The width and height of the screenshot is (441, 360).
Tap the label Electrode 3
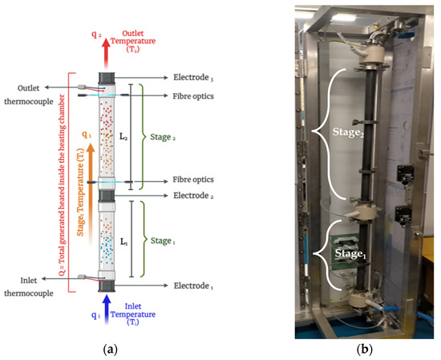[x=196, y=78]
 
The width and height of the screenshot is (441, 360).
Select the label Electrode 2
[x=197, y=195]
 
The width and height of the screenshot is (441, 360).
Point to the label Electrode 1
[x=197, y=285]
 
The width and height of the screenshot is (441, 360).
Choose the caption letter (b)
[x=367, y=351]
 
